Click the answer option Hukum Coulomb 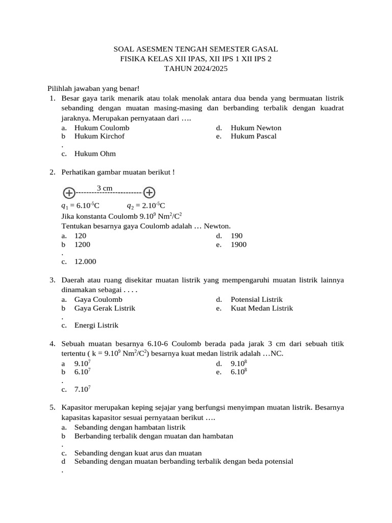coord(102,128)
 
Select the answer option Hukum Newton coord(256,128)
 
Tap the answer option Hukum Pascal coord(253,136)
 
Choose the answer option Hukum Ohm coord(95,154)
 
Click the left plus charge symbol coord(69,193)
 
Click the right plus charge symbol coord(149,193)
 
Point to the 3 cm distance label coord(104,188)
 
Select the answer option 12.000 coord(85,261)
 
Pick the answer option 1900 coord(238,245)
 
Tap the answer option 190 coord(236,236)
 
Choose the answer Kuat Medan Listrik coord(262,308)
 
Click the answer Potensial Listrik coord(256,300)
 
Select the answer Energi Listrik coord(96,325)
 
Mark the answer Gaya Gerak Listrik coord(105,308)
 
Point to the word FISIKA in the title coord(132,59)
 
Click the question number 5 coord(53,408)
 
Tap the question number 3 coord(53,280)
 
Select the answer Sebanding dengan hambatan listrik coord(130,427)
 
